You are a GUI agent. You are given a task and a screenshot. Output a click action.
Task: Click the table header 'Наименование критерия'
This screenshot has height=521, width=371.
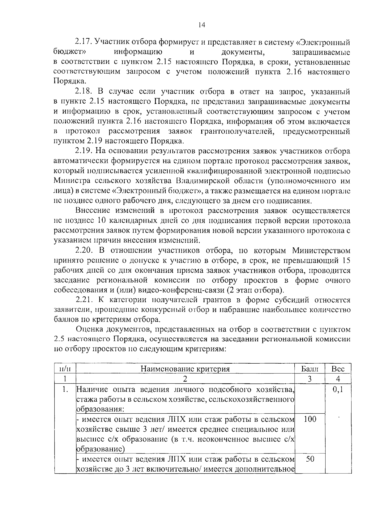185,369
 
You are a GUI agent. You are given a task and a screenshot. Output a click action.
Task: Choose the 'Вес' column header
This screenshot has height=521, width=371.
338,369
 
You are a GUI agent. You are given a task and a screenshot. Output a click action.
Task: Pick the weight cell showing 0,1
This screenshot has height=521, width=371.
338,390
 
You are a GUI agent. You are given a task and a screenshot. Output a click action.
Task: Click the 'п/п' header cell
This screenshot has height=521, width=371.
65,369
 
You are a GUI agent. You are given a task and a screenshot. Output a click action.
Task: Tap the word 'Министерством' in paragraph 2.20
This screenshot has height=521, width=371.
321,251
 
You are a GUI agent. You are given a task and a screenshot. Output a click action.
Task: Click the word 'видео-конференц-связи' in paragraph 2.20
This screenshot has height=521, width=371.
181,290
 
